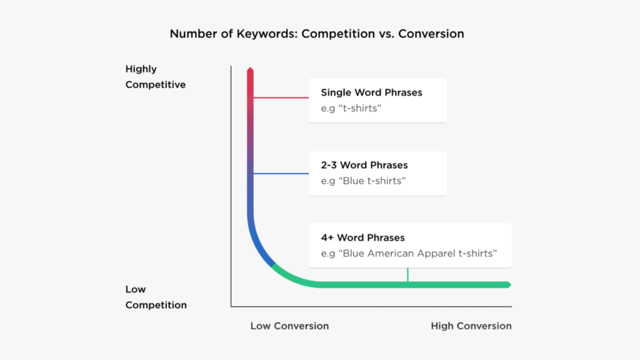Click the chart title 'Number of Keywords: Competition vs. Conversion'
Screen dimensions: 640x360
[x=317, y=34]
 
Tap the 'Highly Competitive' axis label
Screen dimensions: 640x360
[x=155, y=77]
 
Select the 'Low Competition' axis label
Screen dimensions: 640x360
[x=156, y=297]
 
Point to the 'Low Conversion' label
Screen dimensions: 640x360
[x=289, y=326]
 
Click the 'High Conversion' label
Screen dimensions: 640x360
[x=471, y=326]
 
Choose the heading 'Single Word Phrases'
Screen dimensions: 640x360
[x=371, y=92]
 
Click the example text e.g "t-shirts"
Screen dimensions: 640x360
[x=351, y=108]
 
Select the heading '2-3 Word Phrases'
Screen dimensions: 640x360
[x=364, y=165]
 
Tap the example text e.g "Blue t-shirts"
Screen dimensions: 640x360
[x=363, y=181]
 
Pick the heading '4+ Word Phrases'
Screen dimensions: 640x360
[x=362, y=237]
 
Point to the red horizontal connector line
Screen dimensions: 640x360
[x=281, y=97]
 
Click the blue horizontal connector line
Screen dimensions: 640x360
[x=281, y=174]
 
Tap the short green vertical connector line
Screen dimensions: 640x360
[x=407, y=275]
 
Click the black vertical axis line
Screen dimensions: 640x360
[x=231, y=186]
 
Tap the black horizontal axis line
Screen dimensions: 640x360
[x=371, y=306]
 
